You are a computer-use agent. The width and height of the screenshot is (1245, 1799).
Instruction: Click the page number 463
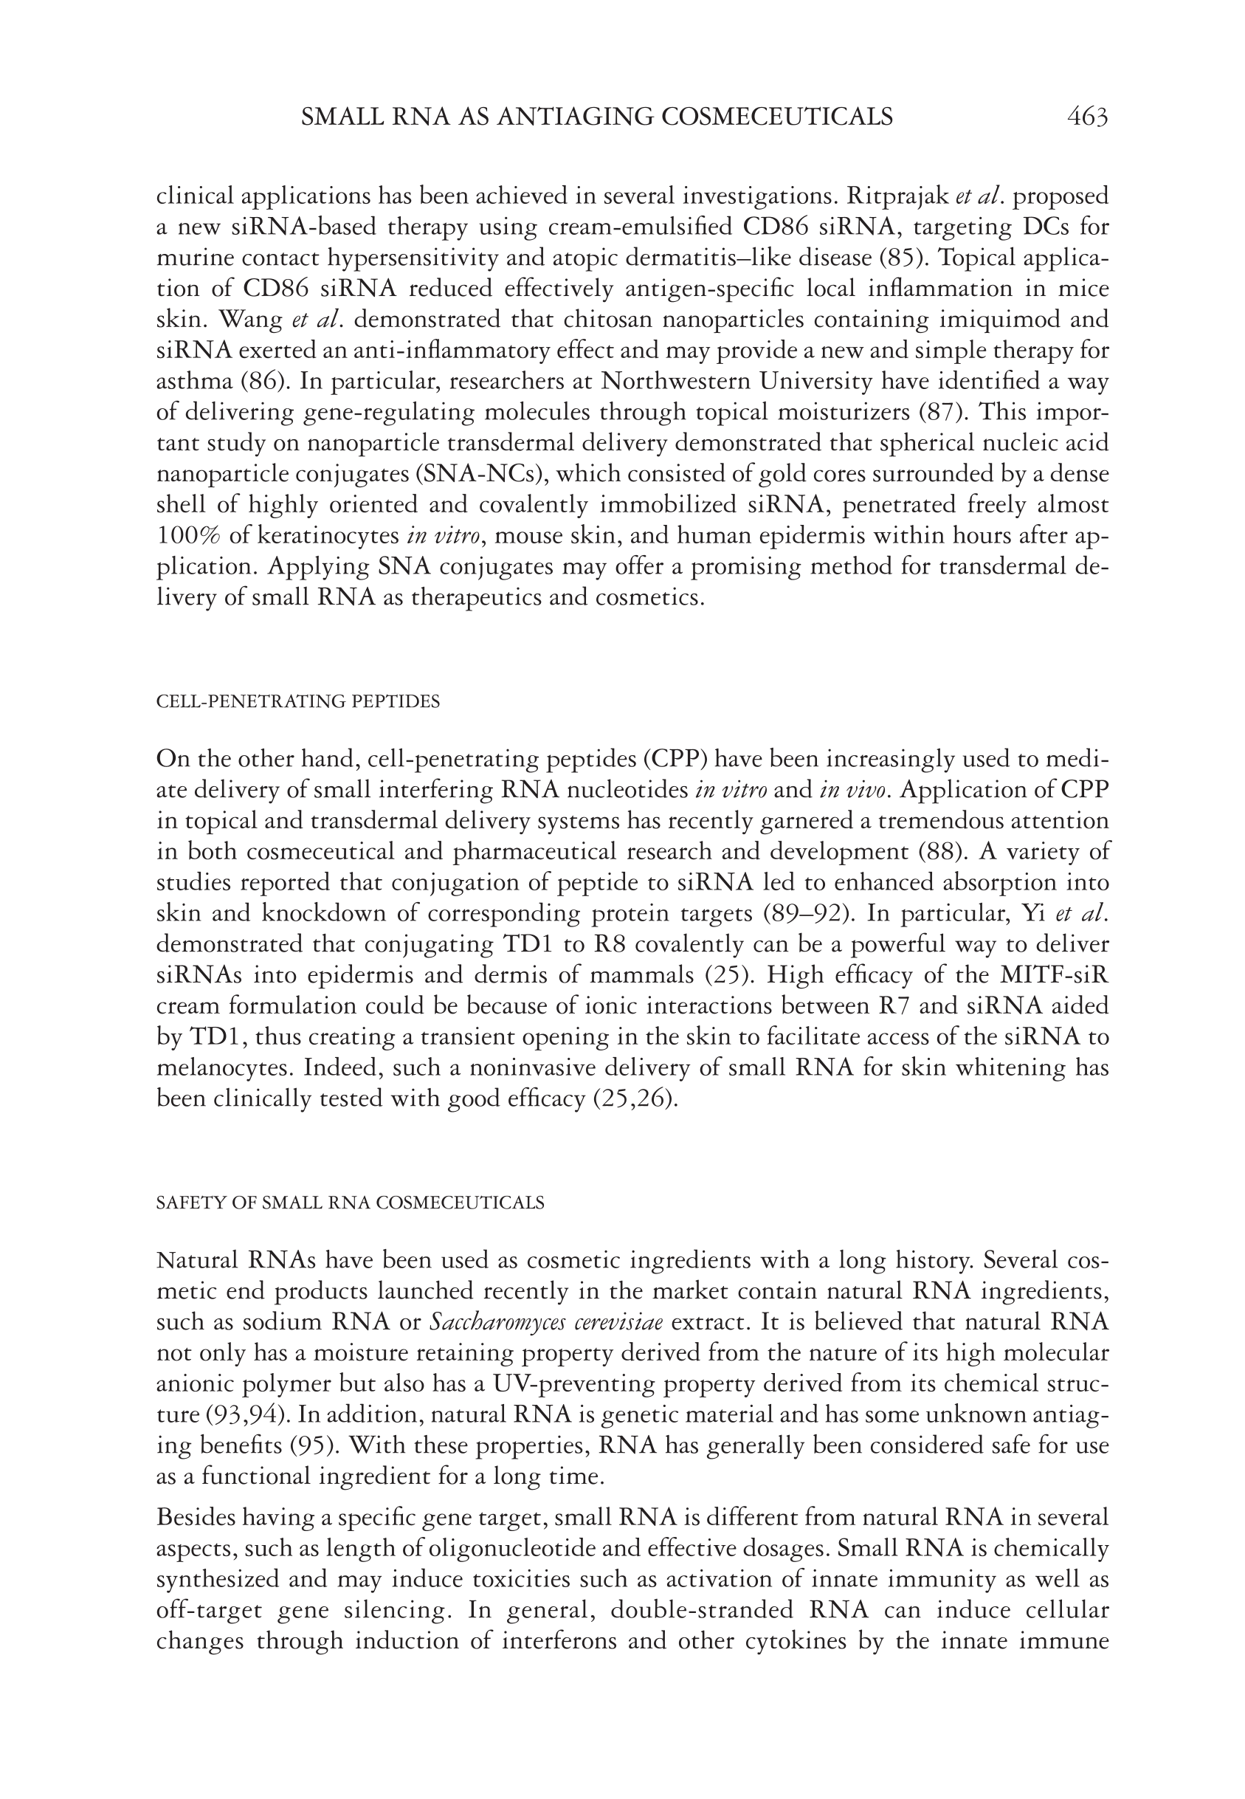[x=1086, y=117]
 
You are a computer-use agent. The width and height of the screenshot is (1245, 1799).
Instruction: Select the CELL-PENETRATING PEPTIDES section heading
[x=298, y=701]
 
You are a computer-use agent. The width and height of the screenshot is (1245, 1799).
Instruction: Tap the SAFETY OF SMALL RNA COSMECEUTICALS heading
[x=351, y=1203]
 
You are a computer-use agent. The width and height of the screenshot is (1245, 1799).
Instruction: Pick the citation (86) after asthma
[x=263, y=382]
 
